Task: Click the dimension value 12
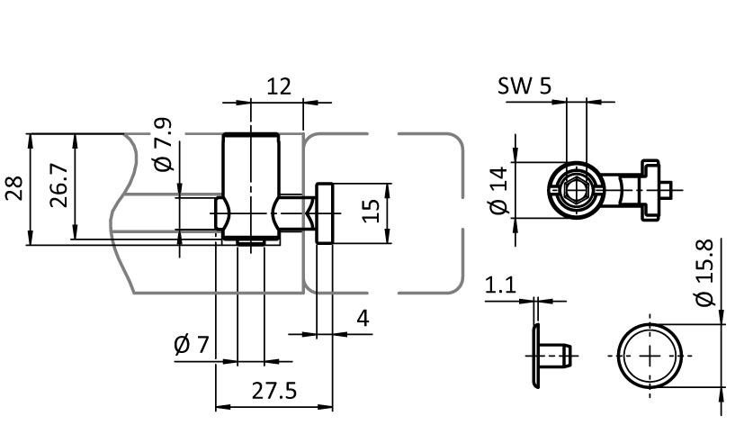coord(279,87)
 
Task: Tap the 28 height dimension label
coord(14,188)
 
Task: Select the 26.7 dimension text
coord(59,185)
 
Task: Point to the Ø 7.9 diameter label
coord(164,144)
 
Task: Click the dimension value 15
coord(371,211)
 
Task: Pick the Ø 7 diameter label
coord(192,345)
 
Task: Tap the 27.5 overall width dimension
coord(273,391)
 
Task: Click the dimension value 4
coord(363,318)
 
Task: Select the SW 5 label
coord(524,86)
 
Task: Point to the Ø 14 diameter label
coord(499,191)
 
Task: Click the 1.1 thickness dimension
coord(500,285)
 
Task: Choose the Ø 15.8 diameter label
coord(704,273)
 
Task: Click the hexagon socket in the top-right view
coord(576,190)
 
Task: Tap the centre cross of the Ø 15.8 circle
coord(650,355)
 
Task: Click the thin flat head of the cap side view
coord(535,355)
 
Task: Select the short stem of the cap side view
coord(554,355)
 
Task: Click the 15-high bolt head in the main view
coord(325,212)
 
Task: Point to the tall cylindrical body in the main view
coord(251,186)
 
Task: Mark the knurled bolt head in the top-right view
coord(650,190)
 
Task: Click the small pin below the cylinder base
coord(250,242)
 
